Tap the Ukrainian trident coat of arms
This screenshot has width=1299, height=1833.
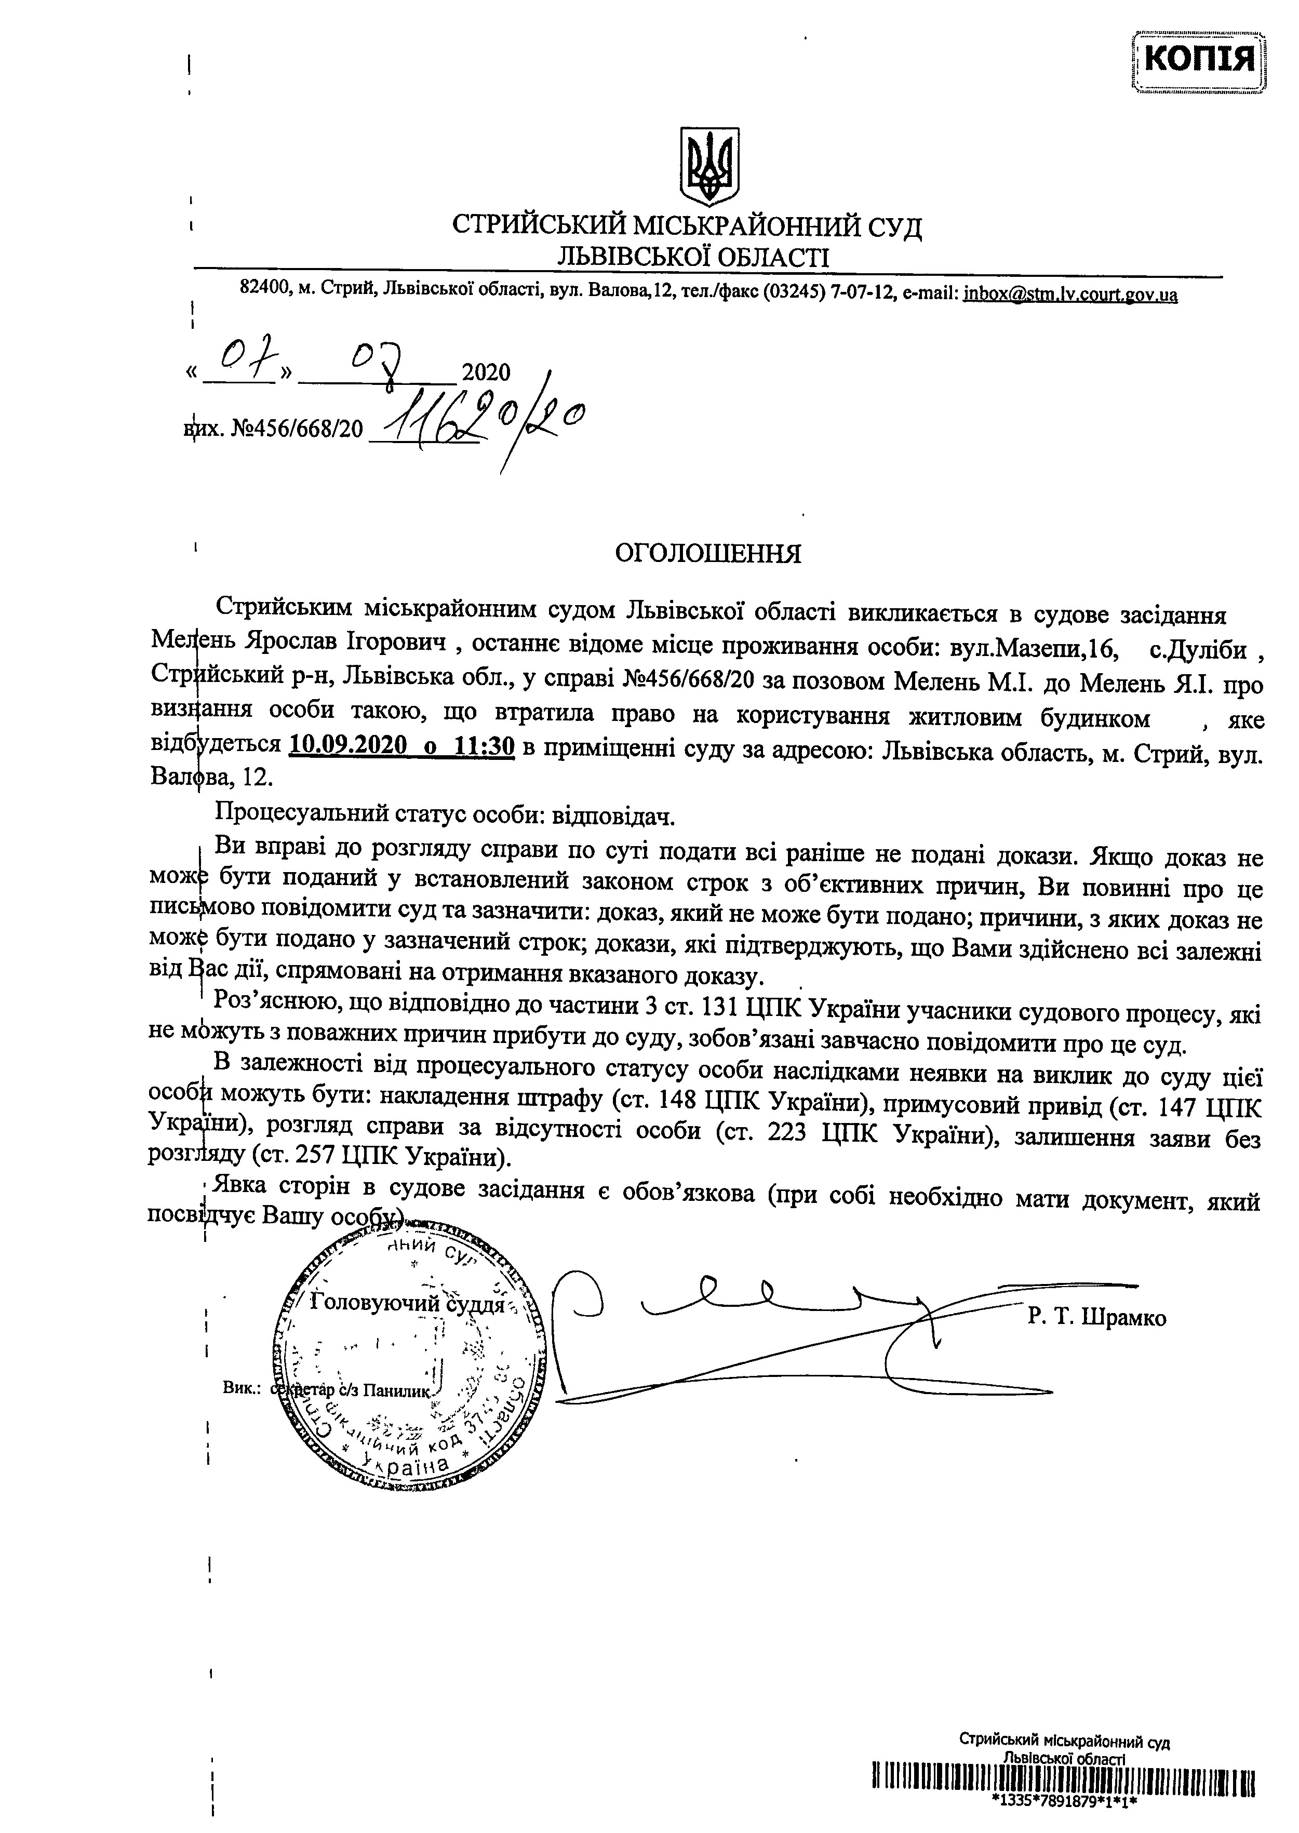(708, 166)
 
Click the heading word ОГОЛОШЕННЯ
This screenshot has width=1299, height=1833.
(707, 554)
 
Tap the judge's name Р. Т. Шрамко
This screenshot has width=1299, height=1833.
(1096, 1317)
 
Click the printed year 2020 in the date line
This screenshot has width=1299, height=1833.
(486, 373)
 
